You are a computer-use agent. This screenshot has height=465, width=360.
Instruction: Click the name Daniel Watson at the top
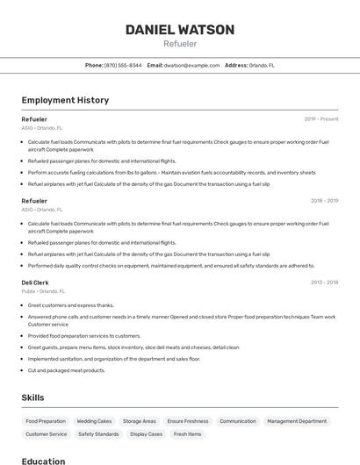tap(180, 30)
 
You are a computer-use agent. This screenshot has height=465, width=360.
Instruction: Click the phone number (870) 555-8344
tap(123, 65)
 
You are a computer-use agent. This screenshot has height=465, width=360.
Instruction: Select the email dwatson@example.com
tap(191, 65)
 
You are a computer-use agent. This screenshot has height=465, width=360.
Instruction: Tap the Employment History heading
tap(65, 100)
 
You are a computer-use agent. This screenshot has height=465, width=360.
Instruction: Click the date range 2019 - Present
tap(321, 119)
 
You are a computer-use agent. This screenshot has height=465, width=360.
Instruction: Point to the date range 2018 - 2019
tap(324, 201)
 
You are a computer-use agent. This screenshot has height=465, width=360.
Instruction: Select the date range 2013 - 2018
tap(324, 283)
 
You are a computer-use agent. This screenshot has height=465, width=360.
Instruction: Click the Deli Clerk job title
tap(36, 283)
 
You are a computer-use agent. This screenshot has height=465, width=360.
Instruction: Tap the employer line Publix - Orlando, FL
tap(43, 291)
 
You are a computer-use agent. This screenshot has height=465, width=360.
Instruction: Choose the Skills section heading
tap(33, 397)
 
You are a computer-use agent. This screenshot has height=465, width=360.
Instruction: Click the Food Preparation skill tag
tap(46, 421)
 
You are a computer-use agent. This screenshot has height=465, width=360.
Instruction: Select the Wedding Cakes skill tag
tap(94, 421)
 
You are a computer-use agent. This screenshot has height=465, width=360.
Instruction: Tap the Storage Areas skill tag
tap(140, 421)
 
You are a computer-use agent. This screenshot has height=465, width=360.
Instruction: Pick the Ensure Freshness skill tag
tap(188, 421)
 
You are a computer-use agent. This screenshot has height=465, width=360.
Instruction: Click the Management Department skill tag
tap(297, 421)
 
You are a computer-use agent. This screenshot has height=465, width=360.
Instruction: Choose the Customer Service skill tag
tap(46, 434)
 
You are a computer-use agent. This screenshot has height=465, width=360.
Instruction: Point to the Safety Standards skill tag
tap(98, 434)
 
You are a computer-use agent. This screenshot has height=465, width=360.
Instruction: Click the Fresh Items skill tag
tap(188, 434)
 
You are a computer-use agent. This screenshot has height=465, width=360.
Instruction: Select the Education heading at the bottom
tap(43, 461)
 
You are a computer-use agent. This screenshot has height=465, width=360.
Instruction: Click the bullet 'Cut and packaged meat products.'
tap(67, 370)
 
